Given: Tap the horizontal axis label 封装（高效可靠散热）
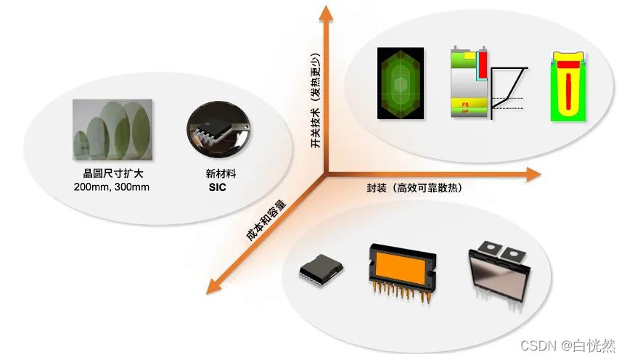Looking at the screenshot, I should [x=414, y=187].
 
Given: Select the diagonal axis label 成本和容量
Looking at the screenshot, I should [x=265, y=221].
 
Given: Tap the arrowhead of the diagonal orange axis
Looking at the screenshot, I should [x=213, y=286].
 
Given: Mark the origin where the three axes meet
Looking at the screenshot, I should [x=326, y=173].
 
